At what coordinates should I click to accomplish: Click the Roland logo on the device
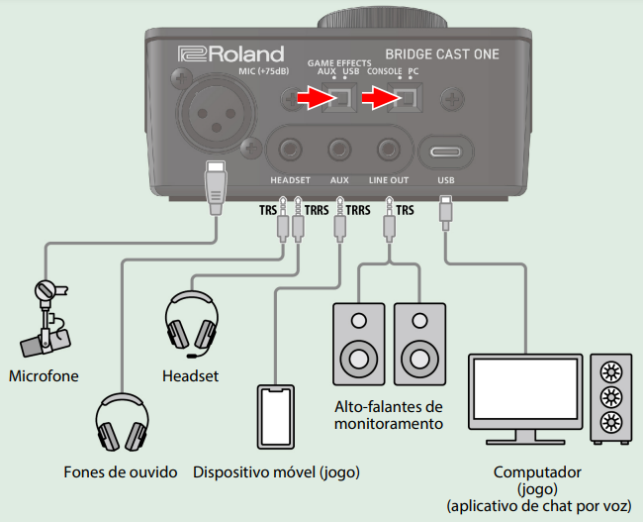pos(230,54)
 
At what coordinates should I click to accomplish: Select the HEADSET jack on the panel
pos(290,151)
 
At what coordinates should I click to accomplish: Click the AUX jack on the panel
pos(339,151)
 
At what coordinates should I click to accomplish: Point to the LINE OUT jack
pos(389,151)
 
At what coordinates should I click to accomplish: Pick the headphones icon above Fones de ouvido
pos(123,425)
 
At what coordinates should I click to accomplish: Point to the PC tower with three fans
pos(609,397)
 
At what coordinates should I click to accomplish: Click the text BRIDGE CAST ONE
pos(441,54)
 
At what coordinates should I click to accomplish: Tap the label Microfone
pos(43,376)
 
